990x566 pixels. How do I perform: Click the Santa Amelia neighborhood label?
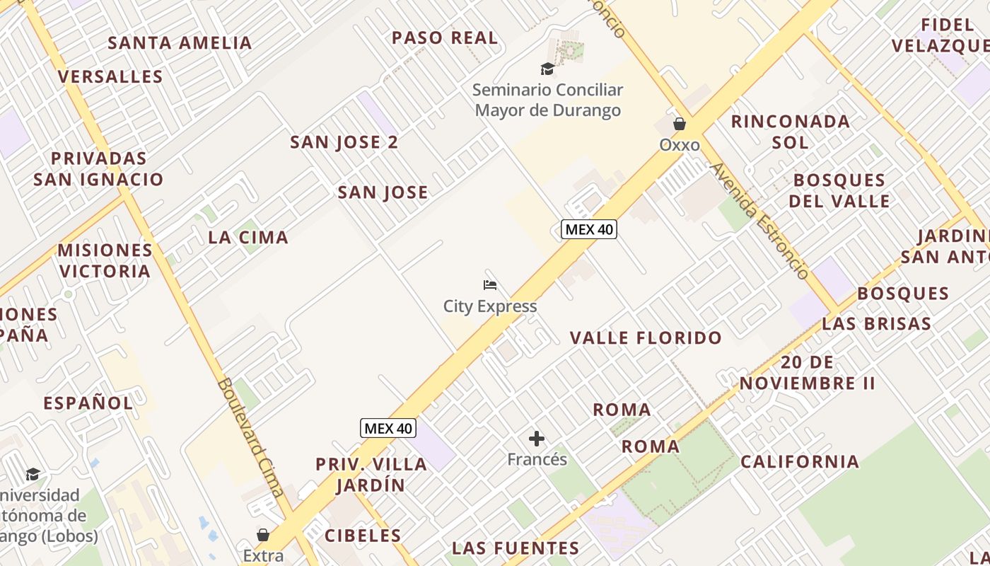tap(180, 43)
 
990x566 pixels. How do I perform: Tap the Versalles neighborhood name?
tap(110, 76)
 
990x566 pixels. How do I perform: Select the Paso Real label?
tap(445, 38)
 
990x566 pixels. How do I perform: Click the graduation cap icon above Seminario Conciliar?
tap(547, 69)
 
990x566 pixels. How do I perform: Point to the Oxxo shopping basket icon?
tap(680, 124)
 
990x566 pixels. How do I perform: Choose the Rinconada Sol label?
tap(790, 132)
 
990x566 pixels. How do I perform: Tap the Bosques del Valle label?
tap(839, 190)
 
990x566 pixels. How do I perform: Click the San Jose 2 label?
tap(344, 142)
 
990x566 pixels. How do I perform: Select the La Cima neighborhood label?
tap(248, 238)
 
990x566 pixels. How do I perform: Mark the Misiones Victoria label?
tap(105, 260)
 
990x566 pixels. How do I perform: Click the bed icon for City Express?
tap(490, 285)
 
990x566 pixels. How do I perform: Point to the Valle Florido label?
tap(646, 338)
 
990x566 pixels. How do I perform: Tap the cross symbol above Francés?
tap(537, 439)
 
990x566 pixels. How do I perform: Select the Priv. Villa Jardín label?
tap(371, 475)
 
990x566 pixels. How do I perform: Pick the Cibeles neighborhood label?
tap(363, 536)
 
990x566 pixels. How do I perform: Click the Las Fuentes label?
tap(516, 548)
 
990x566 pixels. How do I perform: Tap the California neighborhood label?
tap(800, 462)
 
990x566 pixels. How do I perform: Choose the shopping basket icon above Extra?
tap(263, 534)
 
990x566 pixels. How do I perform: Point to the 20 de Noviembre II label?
tap(808, 373)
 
